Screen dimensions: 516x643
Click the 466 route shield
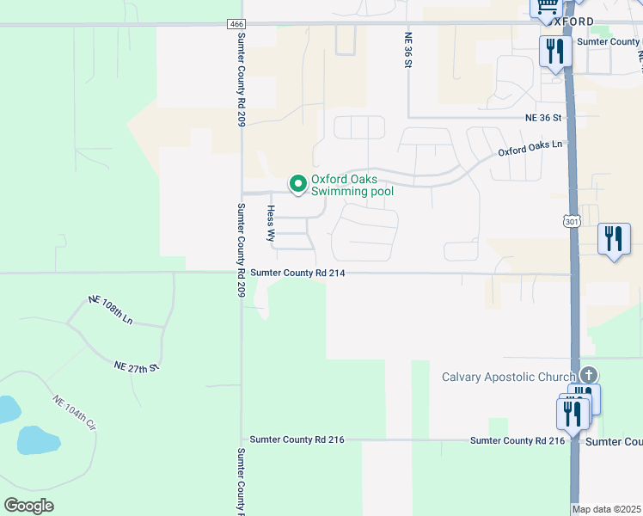tap(236, 24)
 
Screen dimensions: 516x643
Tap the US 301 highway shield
tap(573, 222)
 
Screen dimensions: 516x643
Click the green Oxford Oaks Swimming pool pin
tap(297, 184)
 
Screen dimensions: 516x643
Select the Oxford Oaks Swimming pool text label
tap(352, 185)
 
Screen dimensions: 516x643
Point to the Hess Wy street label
tap(271, 222)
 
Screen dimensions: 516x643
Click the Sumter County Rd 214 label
tap(297, 273)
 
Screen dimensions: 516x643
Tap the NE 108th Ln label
tap(111, 309)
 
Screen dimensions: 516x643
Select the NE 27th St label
tap(138, 366)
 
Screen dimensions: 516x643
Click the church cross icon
tap(588, 374)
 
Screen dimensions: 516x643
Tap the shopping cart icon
tap(543, 7)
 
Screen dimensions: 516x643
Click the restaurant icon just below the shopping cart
tap(554, 51)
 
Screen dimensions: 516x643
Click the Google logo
tap(29, 505)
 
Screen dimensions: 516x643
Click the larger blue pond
tap(38, 440)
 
